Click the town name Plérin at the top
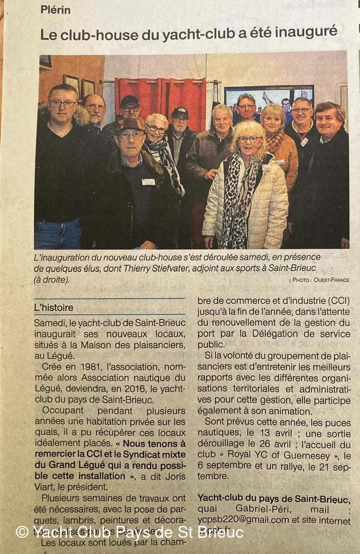pos(55,10)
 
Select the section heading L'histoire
pos(54,307)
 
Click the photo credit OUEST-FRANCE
pos(328,280)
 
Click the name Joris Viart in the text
pos(162,476)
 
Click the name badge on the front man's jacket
pos(148,182)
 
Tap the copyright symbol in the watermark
pos(22,532)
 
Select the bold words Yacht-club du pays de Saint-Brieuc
pos(273,498)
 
